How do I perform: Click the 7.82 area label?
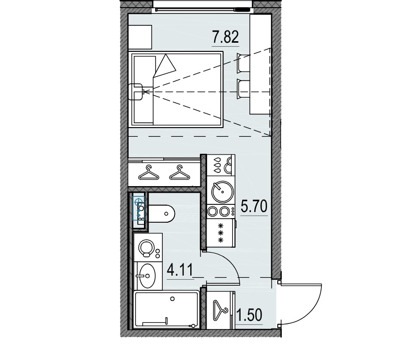(224, 38)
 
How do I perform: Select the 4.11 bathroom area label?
(180, 269)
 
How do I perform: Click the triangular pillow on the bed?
(165, 65)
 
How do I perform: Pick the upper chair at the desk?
(242, 64)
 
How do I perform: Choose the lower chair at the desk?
(242, 89)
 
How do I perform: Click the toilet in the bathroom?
(162, 213)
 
